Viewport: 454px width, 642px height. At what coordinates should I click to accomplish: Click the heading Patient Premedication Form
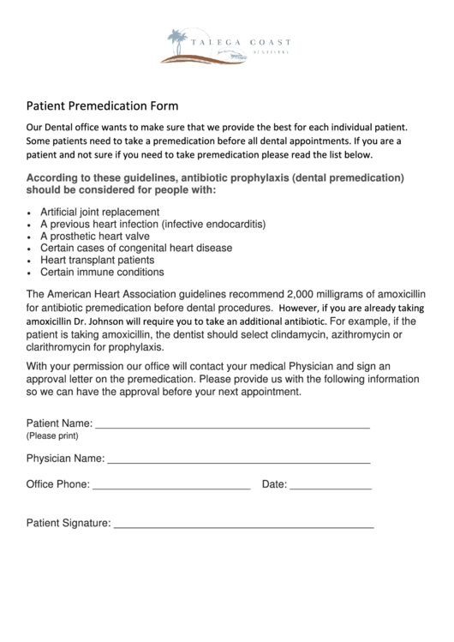[x=102, y=107]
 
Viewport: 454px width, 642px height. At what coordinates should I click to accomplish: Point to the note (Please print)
[x=52, y=435]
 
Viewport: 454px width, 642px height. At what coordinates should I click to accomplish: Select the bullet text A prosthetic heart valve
[x=95, y=236]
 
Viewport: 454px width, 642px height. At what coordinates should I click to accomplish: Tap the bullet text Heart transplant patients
[x=98, y=260]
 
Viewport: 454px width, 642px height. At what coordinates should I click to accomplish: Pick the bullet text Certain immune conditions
[x=102, y=273]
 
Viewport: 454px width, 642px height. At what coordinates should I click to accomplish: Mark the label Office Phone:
[x=57, y=484]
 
